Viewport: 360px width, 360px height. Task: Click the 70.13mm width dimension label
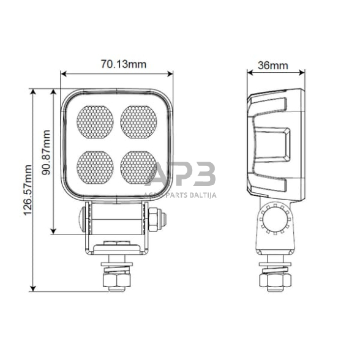click(117, 64)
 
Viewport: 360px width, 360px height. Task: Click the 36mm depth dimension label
click(273, 64)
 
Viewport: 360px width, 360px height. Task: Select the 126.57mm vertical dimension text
click(26, 190)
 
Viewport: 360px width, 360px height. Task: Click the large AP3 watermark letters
click(182, 175)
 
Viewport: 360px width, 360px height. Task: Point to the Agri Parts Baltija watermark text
click(182, 196)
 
